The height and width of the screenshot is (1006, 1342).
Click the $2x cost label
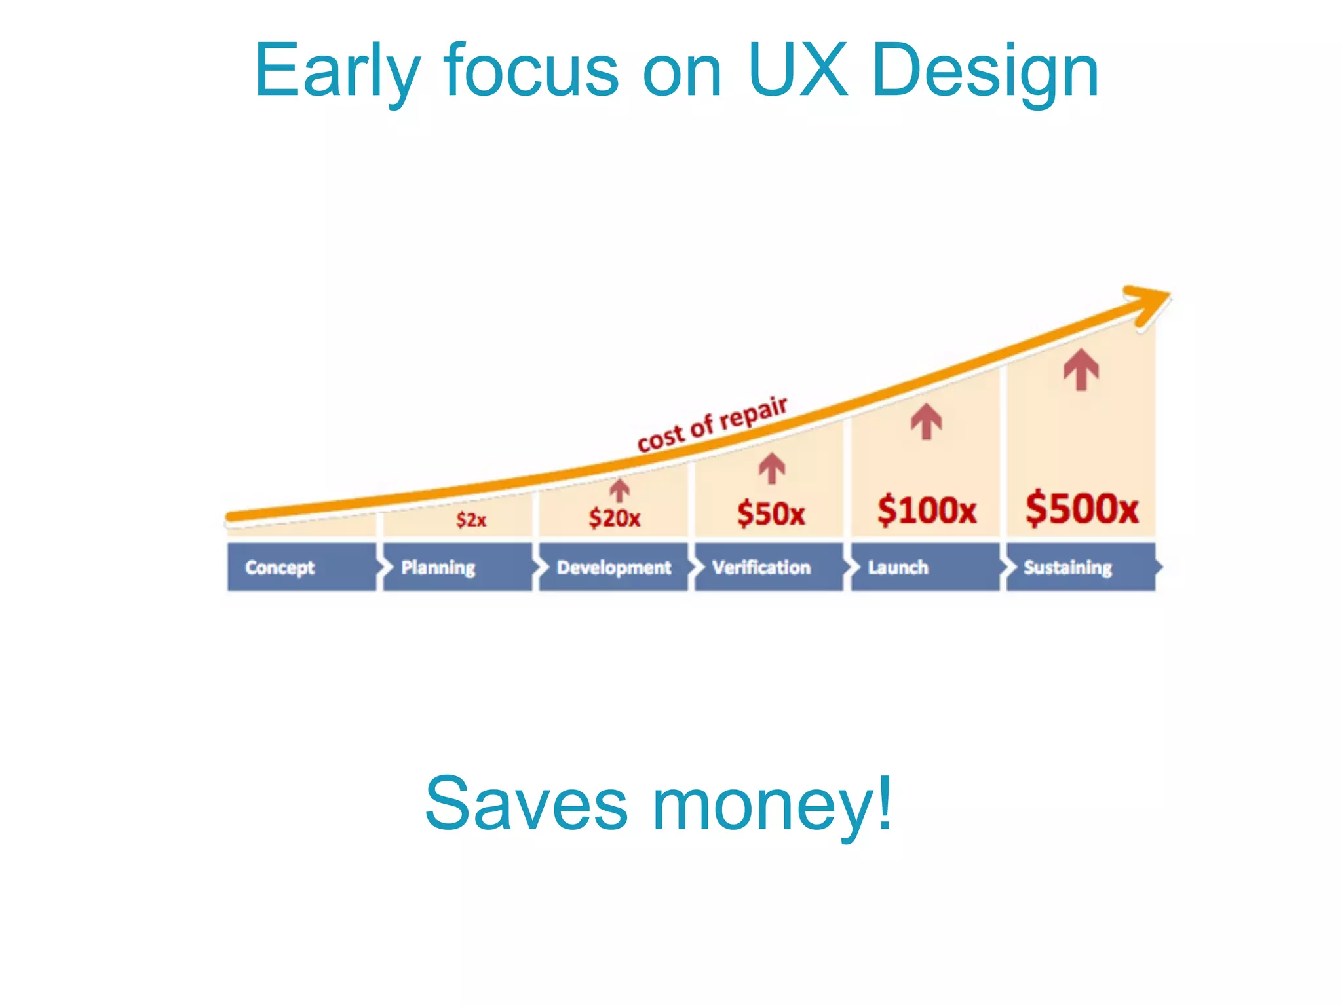(x=471, y=520)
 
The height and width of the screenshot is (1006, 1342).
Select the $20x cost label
(x=614, y=518)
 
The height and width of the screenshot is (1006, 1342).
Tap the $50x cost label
(x=771, y=513)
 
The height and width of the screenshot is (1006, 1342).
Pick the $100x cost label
(x=927, y=510)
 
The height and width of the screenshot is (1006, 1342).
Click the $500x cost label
(x=1082, y=508)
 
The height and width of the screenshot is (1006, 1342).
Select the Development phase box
(x=613, y=567)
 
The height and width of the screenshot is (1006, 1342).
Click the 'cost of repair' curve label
(x=712, y=424)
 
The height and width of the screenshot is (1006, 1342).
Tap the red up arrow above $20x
(x=619, y=490)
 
